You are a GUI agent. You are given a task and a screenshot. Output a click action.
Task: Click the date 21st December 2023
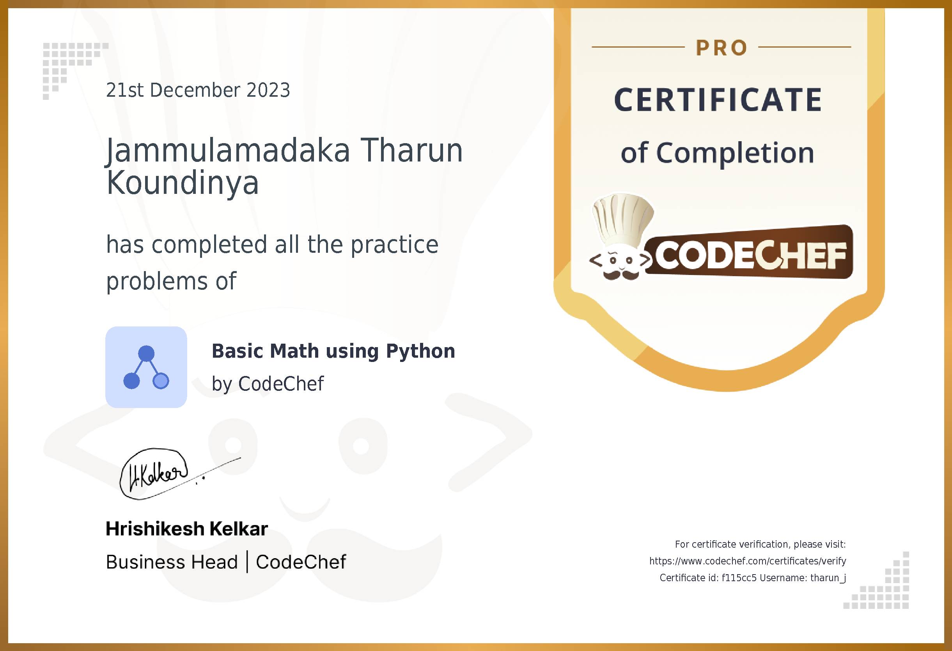pyautogui.click(x=198, y=90)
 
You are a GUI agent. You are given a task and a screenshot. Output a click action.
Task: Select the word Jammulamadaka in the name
pyautogui.click(x=228, y=151)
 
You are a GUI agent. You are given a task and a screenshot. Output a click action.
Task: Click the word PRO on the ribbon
pyautogui.click(x=722, y=48)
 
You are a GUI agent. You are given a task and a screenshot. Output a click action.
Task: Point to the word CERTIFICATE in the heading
pyautogui.click(x=718, y=100)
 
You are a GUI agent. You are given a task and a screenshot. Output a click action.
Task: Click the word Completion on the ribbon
pyautogui.click(x=735, y=153)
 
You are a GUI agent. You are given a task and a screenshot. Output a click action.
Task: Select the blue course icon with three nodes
pyautogui.click(x=146, y=367)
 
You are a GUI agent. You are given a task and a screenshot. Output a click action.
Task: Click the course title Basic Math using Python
pyautogui.click(x=333, y=351)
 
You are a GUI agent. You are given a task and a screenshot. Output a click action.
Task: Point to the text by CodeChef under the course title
pyautogui.click(x=268, y=384)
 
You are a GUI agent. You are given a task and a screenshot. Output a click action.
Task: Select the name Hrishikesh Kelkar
pyautogui.click(x=187, y=529)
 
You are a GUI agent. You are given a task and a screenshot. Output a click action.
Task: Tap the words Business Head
pyautogui.click(x=172, y=562)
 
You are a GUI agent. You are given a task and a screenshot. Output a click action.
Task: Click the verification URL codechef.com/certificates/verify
pyautogui.click(x=748, y=561)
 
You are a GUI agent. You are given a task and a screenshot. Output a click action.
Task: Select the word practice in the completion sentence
pyautogui.click(x=394, y=245)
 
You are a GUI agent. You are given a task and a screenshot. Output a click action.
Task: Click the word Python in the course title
pyautogui.click(x=420, y=351)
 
